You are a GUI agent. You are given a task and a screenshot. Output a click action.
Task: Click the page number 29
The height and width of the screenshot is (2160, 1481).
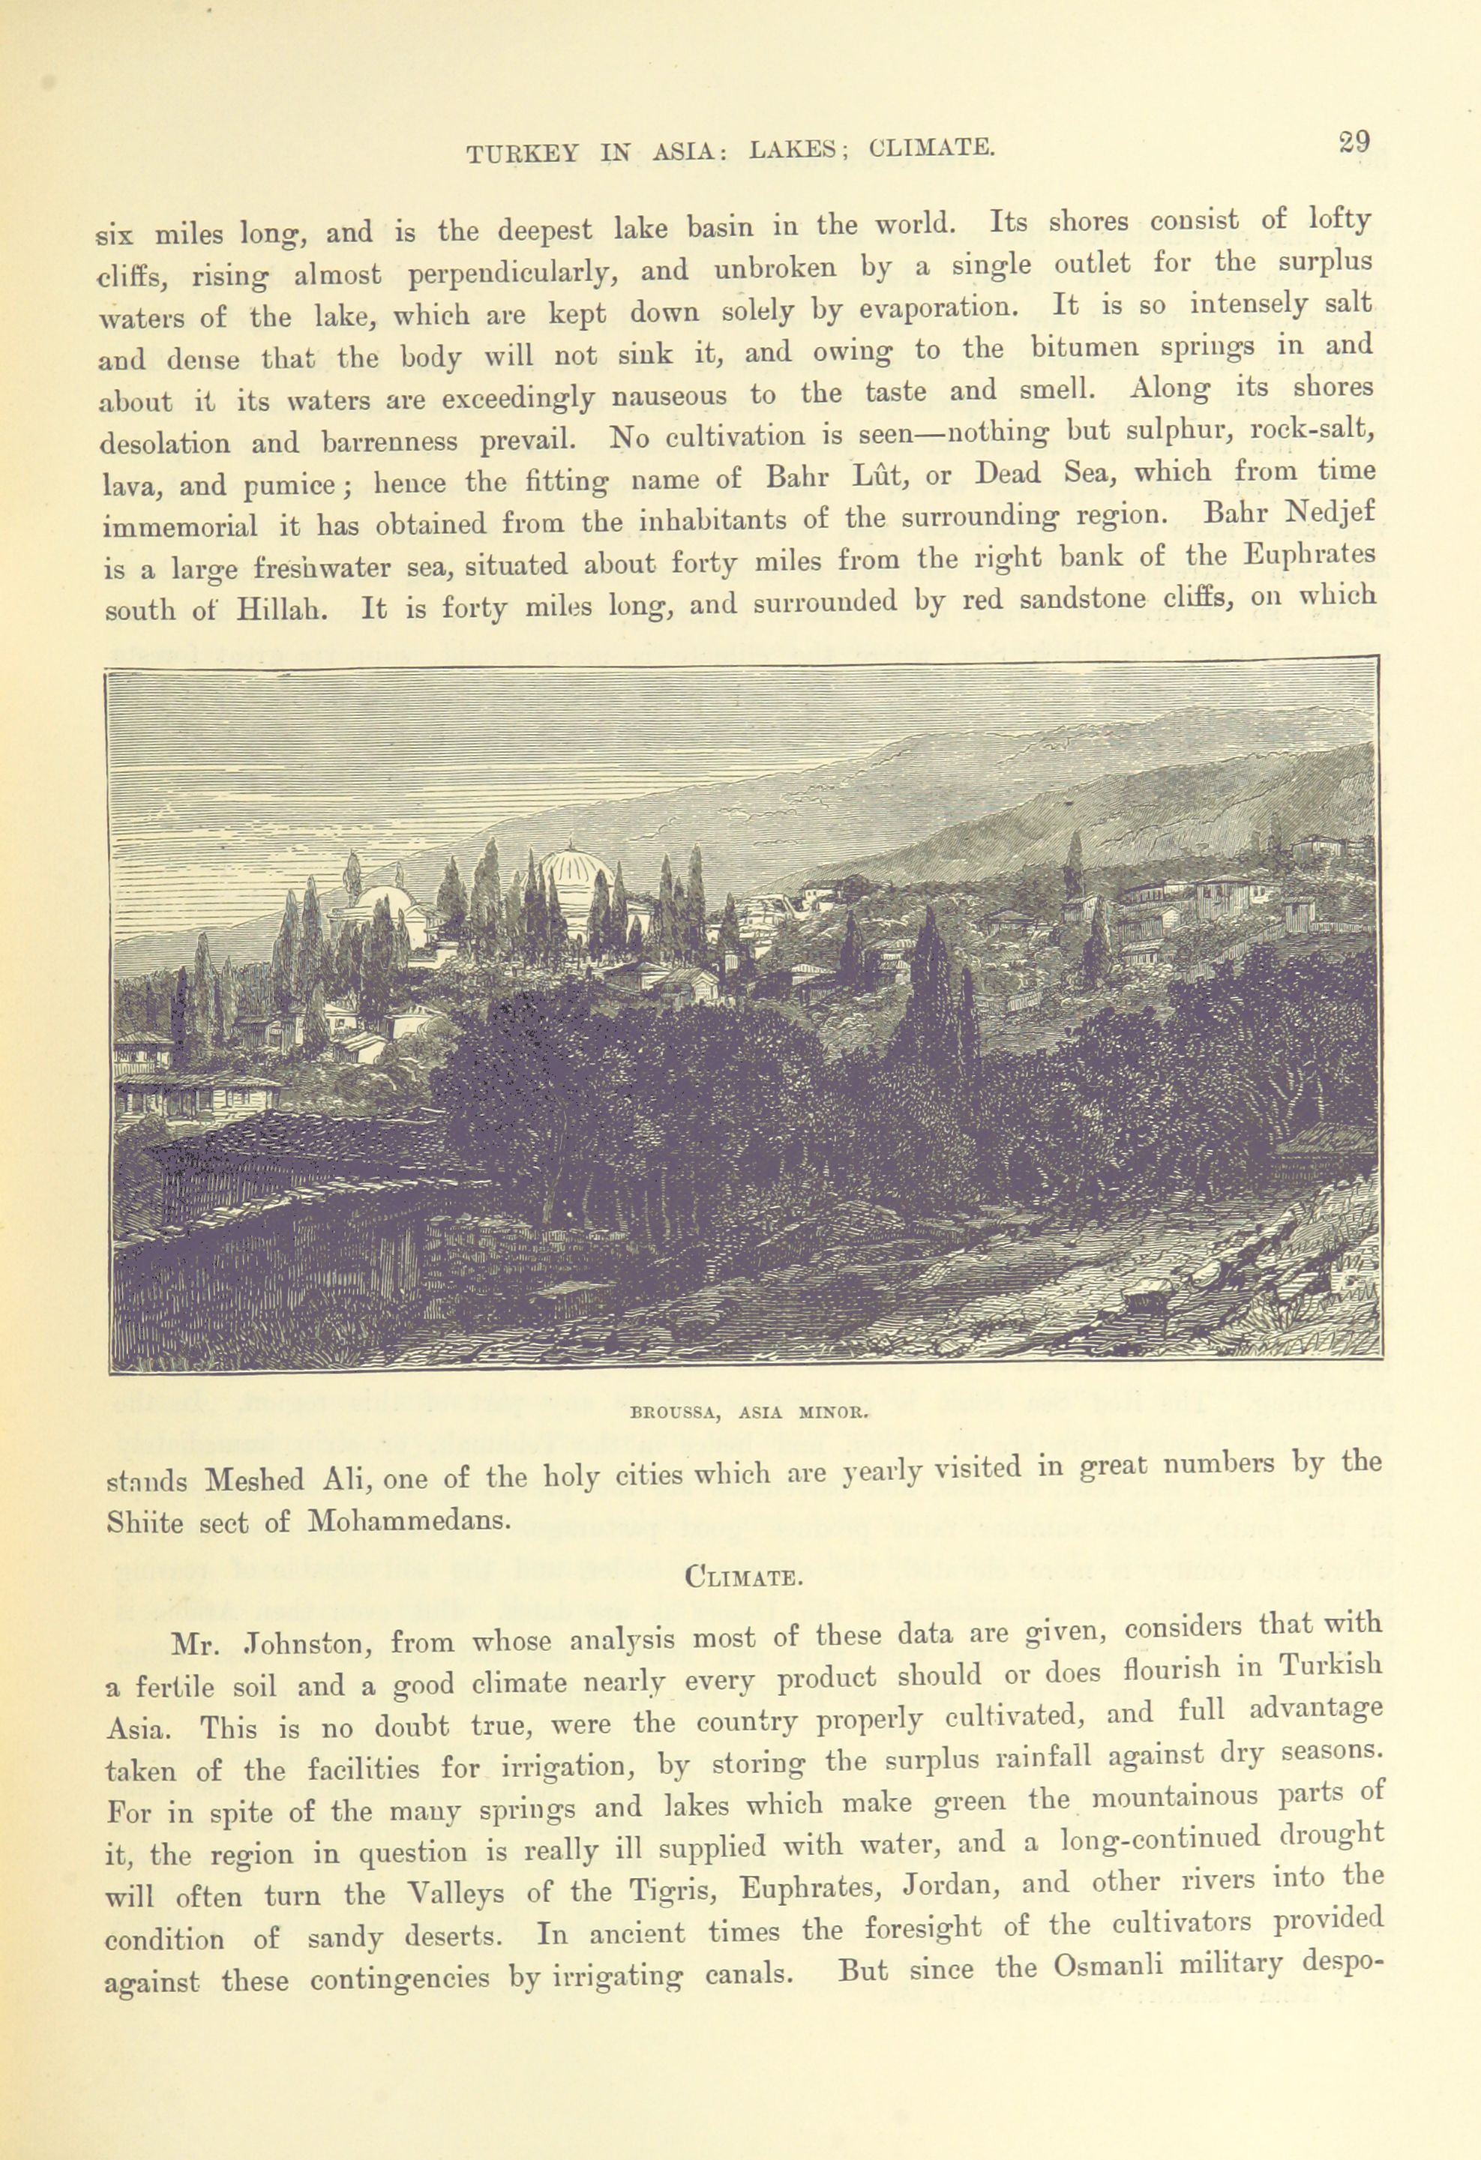[x=1354, y=142]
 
